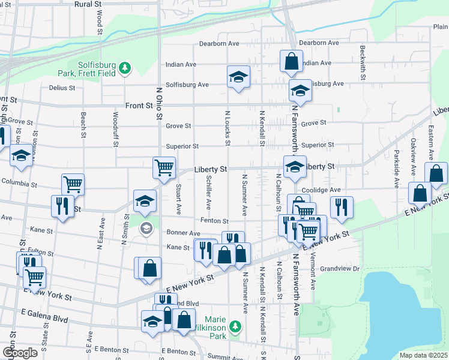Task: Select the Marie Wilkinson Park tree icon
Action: click(x=236, y=326)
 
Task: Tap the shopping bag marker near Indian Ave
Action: click(x=291, y=61)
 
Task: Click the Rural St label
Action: click(x=88, y=4)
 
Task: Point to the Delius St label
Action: click(x=62, y=88)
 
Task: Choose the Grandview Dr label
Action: click(x=339, y=269)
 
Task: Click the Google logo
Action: click(x=20, y=353)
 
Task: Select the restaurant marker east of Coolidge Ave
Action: click(x=342, y=207)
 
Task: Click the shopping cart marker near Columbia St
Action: click(x=73, y=184)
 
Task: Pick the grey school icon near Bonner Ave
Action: click(x=146, y=229)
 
